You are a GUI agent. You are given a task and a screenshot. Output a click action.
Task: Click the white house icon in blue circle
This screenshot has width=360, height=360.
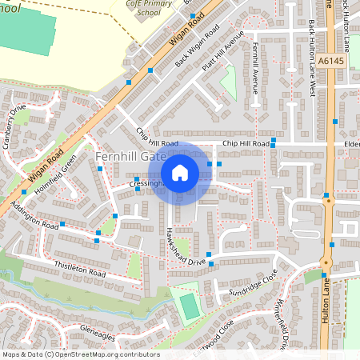(x=180, y=173)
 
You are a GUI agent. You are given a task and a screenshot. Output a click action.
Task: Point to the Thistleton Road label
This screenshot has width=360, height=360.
(x=80, y=268)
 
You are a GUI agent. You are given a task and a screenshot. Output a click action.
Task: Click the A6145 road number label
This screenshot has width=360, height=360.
(x=329, y=60)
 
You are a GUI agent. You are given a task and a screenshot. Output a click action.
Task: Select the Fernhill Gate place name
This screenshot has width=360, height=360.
(x=128, y=157)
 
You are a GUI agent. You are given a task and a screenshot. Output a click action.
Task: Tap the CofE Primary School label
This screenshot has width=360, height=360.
(x=148, y=8)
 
